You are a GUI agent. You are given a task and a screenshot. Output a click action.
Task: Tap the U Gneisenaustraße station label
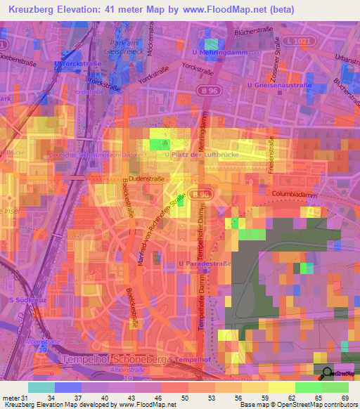[x=279, y=85]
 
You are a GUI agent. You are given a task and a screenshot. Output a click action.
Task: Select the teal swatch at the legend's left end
[x=41, y=387]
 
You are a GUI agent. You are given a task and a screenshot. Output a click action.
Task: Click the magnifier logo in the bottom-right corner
[x=327, y=375]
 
